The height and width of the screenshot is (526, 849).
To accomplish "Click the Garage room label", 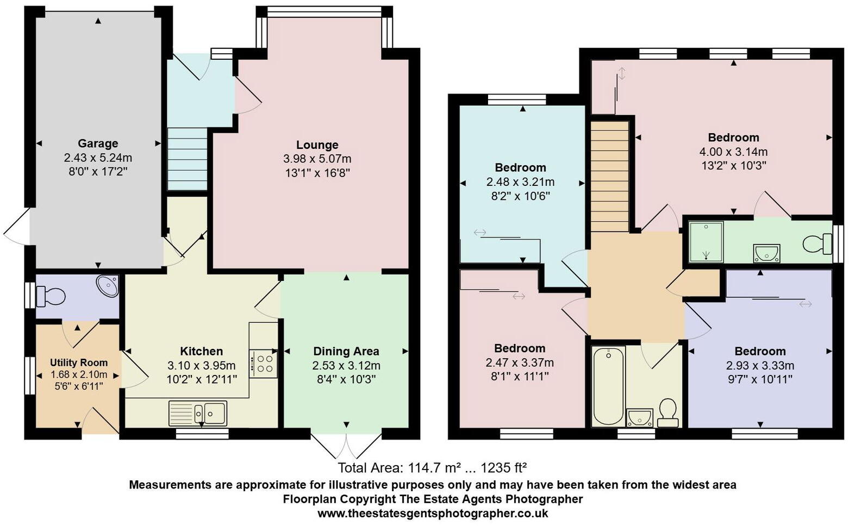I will [98, 143].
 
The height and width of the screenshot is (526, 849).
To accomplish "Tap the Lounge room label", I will [317, 145].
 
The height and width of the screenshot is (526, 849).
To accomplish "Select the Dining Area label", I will [346, 351].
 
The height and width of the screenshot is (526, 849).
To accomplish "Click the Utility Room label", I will [79, 362].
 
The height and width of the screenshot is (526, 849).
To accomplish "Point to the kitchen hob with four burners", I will [264, 364].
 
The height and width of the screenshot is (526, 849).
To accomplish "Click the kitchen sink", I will [198, 413].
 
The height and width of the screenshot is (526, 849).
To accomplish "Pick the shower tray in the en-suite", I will [706, 241].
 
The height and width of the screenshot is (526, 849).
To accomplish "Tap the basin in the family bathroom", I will [639, 418].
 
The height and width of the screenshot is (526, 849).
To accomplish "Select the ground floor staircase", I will [187, 159].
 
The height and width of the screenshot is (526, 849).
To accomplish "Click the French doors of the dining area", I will [346, 444].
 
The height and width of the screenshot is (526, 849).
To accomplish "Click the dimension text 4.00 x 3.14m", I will [733, 152].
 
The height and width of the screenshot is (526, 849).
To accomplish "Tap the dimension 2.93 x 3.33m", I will [760, 365].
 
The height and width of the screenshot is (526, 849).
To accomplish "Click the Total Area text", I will [432, 467].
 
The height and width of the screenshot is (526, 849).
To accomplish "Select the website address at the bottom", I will [432, 513].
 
